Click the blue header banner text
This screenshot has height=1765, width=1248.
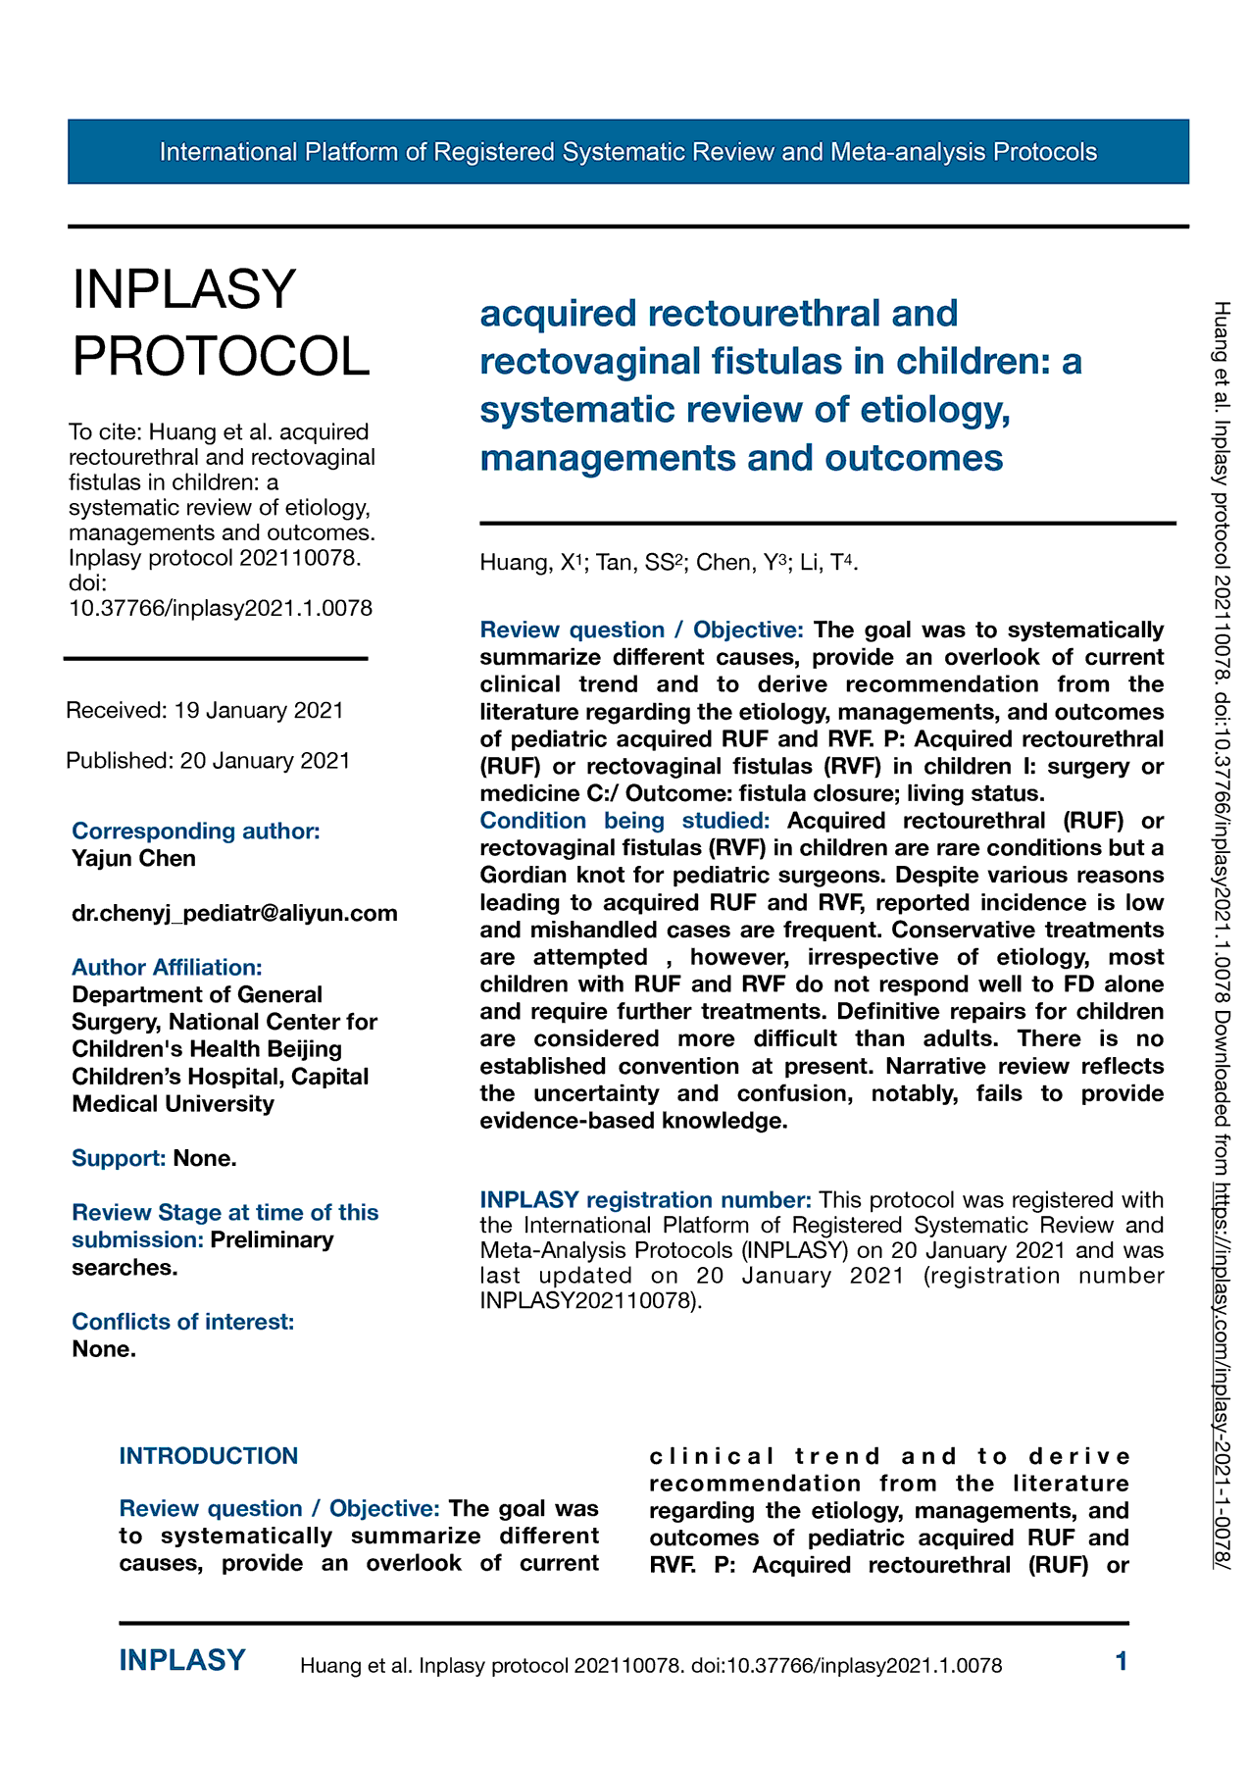(x=627, y=152)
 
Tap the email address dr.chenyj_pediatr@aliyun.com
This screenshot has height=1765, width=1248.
(x=234, y=913)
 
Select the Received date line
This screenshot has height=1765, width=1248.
(x=205, y=710)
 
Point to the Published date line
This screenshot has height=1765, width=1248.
(x=208, y=761)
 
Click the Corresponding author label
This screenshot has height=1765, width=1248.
(x=196, y=831)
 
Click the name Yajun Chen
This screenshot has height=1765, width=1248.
(x=134, y=858)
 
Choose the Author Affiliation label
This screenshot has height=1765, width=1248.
(x=167, y=967)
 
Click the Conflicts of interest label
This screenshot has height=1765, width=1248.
(x=182, y=1322)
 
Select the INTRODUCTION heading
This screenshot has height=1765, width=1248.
(x=209, y=1456)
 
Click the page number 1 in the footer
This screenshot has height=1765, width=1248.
(x=1122, y=1661)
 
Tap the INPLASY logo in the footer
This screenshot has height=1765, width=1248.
(x=182, y=1660)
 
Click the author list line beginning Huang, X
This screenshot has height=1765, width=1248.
(x=669, y=563)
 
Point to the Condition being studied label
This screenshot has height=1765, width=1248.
(x=624, y=821)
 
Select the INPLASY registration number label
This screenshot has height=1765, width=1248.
(x=645, y=1200)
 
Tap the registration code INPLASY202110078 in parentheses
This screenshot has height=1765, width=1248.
(x=588, y=1302)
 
